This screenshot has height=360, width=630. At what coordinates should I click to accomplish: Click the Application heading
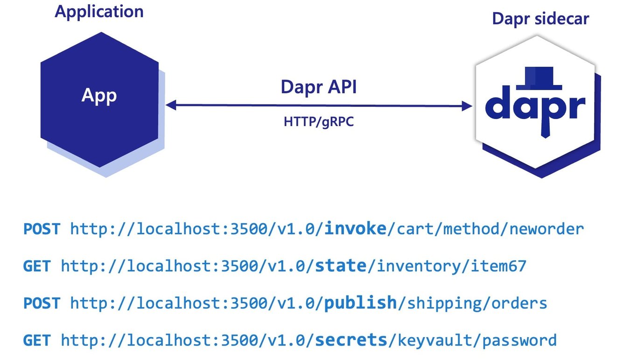coord(99,12)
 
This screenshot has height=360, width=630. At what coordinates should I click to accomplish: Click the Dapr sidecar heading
coord(540,19)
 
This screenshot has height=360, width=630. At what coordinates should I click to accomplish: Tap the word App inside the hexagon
coord(99,95)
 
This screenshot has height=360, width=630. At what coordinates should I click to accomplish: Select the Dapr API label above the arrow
coord(319,87)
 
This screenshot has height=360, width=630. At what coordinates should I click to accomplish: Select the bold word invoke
coord(355,229)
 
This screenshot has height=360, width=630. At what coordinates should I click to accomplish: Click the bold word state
coord(341,266)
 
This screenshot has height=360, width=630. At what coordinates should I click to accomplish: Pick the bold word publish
coord(360,303)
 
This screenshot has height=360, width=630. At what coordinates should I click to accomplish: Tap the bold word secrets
coord(351,340)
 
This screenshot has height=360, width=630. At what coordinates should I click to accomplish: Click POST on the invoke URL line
coord(42,229)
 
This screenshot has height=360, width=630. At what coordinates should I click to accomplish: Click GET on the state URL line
coord(37,266)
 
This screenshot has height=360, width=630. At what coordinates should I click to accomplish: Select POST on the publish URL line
coord(42,304)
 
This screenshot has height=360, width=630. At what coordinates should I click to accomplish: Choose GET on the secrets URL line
coord(37,340)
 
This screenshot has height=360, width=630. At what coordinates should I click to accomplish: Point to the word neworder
coord(546,229)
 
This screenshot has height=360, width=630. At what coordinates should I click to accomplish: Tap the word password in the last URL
coord(519,341)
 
